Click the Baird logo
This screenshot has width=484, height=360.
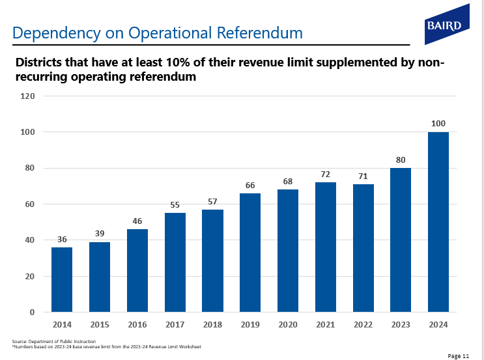447,24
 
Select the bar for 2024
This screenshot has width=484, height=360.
438,222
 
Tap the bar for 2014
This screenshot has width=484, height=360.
62,279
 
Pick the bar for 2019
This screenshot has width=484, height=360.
250,253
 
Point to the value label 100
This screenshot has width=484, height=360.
438,123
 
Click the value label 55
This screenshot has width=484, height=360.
175,204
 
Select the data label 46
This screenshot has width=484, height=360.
137,221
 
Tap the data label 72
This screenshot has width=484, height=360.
326,174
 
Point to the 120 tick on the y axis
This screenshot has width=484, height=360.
27,96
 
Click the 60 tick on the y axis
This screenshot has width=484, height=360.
29,204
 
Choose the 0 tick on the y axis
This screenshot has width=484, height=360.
31,312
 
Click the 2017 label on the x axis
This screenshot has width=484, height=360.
175,324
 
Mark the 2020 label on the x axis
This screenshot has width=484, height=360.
288,324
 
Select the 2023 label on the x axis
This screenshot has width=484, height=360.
401,324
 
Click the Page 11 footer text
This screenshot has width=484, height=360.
459,355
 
